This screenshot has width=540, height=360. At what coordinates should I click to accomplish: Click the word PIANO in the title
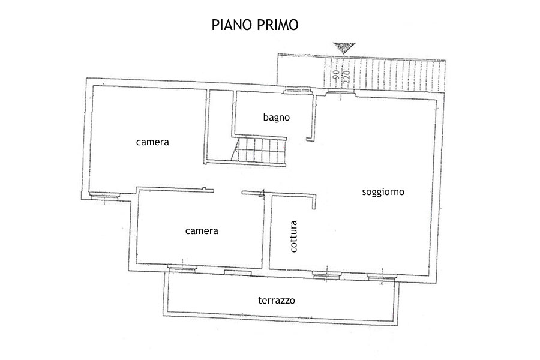point(232,25)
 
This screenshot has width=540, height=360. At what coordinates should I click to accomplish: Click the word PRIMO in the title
point(278,25)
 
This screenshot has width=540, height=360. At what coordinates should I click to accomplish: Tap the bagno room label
point(276,118)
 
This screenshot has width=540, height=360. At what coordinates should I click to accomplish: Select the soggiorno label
point(383,192)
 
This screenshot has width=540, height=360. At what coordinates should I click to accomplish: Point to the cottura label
point(293,236)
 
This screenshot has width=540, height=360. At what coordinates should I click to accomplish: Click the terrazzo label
point(277,300)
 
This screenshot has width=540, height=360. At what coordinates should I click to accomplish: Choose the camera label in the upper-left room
point(152,142)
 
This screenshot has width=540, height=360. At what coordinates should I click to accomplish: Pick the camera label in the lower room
point(202,231)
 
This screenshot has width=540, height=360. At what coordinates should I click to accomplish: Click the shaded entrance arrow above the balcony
point(344,47)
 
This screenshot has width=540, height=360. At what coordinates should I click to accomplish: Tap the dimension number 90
point(336,74)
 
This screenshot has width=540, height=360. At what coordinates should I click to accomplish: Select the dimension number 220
point(346,74)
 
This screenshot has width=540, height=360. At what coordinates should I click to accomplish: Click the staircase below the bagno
point(259,150)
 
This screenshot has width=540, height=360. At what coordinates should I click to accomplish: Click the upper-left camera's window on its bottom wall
point(104,196)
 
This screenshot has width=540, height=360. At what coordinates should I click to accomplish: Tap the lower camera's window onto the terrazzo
point(182,267)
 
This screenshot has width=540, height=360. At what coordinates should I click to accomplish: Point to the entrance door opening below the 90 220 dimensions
point(341,91)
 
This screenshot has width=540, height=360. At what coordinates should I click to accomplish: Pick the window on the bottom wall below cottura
point(327,275)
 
